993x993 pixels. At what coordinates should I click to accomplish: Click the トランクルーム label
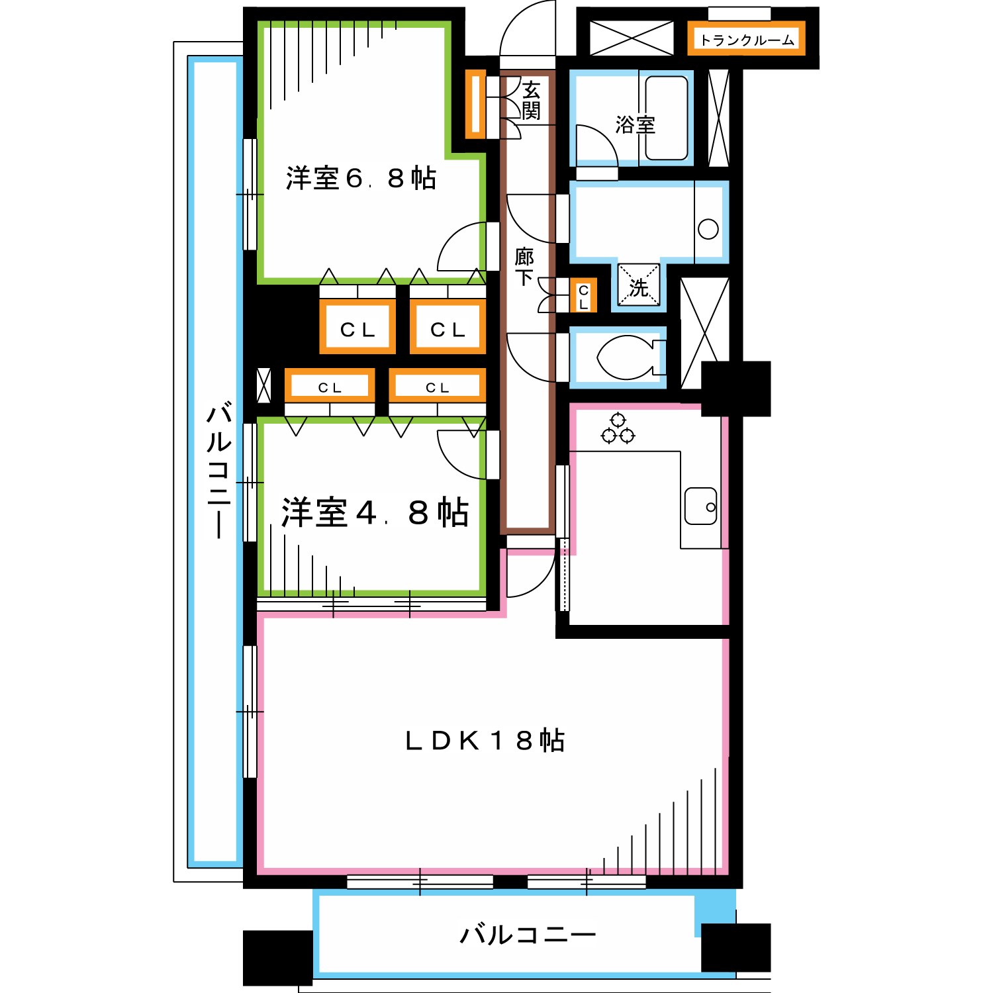click(747, 40)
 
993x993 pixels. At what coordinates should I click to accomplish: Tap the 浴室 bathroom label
click(635, 124)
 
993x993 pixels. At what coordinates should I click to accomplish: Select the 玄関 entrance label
click(531, 101)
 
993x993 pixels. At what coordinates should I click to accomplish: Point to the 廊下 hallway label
click(524, 266)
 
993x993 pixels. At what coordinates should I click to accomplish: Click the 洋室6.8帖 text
click(361, 178)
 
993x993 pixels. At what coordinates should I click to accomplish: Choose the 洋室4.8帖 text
click(375, 512)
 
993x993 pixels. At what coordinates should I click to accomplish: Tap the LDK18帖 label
click(485, 740)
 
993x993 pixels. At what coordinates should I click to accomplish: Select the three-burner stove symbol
click(617, 429)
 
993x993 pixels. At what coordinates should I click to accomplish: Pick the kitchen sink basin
click(700, 506)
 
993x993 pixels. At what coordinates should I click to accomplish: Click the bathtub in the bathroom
click(666, 118)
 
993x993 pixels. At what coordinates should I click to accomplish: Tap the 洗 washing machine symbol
click(638, 286)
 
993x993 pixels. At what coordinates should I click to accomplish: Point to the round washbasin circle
click(708, 229)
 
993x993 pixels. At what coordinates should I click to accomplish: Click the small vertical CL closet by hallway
click(583, 296)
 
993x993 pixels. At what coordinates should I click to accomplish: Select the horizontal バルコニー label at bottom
click(528, 935)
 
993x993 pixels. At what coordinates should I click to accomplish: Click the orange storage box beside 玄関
click(475, 104)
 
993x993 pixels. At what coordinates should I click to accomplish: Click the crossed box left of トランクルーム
click(631, 38)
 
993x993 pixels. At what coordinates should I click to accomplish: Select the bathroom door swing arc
click(596, 146)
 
